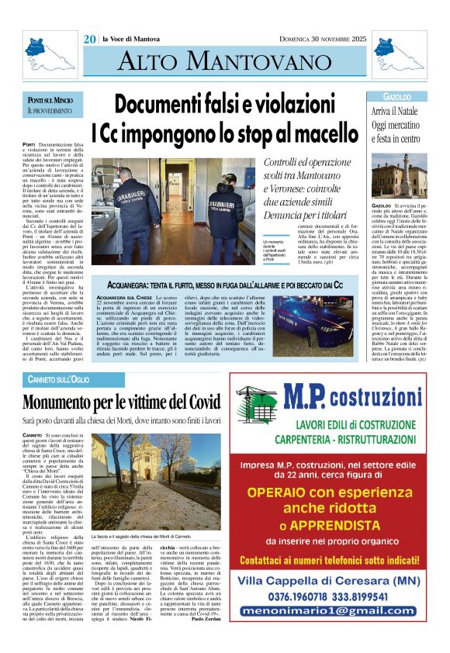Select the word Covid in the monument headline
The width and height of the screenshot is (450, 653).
coord(199,402)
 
